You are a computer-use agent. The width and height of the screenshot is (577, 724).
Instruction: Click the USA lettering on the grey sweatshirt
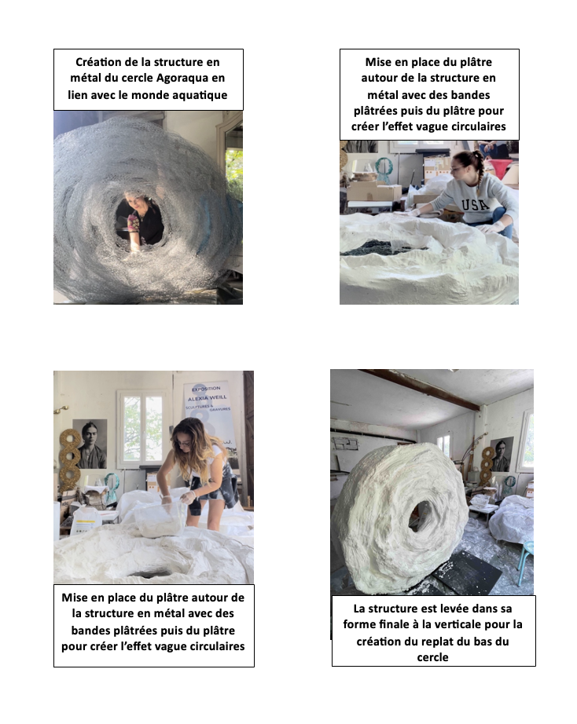pos(476,203)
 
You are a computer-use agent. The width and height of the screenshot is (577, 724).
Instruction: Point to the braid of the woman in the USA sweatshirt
pos(480,172)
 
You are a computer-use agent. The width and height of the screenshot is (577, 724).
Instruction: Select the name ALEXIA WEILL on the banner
pos(207,397)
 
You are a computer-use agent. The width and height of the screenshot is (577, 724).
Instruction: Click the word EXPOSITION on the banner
pos(206,389)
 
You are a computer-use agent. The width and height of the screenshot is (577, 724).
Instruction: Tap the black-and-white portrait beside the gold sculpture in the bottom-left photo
pos(90,444)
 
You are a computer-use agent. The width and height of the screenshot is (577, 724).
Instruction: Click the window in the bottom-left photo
pos(142,430)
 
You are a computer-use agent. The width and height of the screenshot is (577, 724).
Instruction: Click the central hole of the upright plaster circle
pos(420,517)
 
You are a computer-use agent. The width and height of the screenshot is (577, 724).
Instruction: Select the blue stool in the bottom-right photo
pos(526,562)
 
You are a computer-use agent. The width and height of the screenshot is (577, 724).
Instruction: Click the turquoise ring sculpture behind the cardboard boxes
pos(383,170)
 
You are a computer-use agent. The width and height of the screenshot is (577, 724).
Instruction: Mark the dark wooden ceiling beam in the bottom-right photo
pos(421,389)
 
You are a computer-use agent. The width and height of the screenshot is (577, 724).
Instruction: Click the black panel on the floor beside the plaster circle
pos(468,572)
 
